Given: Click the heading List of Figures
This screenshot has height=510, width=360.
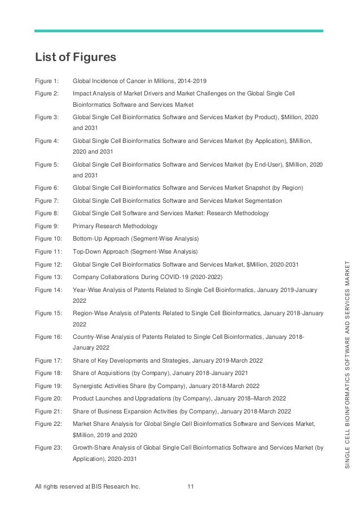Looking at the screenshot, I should [75, 57].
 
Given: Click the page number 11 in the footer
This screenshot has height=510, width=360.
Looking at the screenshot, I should [191, 485].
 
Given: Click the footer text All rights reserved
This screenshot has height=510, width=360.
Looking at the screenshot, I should [87, 485].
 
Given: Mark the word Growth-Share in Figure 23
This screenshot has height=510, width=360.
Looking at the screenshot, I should [91, 447].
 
